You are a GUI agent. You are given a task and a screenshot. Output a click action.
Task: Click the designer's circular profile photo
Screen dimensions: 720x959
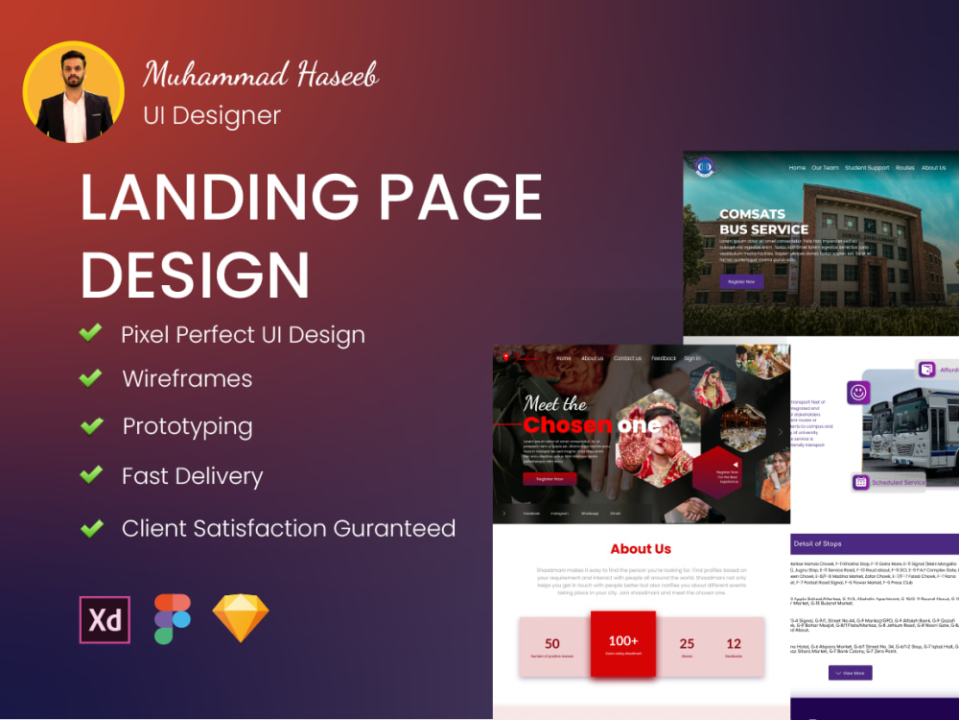(x=74, y=93)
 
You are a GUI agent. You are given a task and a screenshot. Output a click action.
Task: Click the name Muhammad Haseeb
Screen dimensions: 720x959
(x=261, y=74)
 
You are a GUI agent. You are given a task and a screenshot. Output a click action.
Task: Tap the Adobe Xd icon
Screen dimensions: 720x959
(x=105, y=620)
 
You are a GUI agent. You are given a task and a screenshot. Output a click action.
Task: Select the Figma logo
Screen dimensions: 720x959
(x=173, y=619)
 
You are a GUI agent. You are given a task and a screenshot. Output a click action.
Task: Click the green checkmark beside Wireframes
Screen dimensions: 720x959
(x=91, y=378)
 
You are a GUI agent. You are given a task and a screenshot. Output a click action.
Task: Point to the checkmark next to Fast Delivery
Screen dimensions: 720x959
(x=91, y=475)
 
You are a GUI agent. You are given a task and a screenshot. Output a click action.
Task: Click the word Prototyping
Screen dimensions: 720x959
(x=187, y=426)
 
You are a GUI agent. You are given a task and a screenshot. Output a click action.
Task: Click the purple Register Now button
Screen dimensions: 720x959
(x=741, y=281)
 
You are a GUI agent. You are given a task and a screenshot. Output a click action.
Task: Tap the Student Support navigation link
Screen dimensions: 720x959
(x=867, y=168)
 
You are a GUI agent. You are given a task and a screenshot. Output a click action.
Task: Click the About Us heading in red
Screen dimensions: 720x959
(x=641, y=549)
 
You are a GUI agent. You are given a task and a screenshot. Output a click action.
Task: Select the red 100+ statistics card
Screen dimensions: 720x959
(x=622, y=644)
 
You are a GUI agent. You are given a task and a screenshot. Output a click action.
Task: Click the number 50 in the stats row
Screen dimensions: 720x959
(x=552, y=644)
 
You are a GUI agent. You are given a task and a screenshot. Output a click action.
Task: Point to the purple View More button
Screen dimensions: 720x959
(x=850, y=673)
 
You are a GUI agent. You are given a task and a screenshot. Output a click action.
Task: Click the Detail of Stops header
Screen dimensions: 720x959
(x=818, y=544)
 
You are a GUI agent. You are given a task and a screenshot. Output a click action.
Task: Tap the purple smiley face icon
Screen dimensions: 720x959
(x=858, y=392)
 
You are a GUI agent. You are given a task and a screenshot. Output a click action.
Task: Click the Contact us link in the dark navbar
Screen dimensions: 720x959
(x=627, y=358)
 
